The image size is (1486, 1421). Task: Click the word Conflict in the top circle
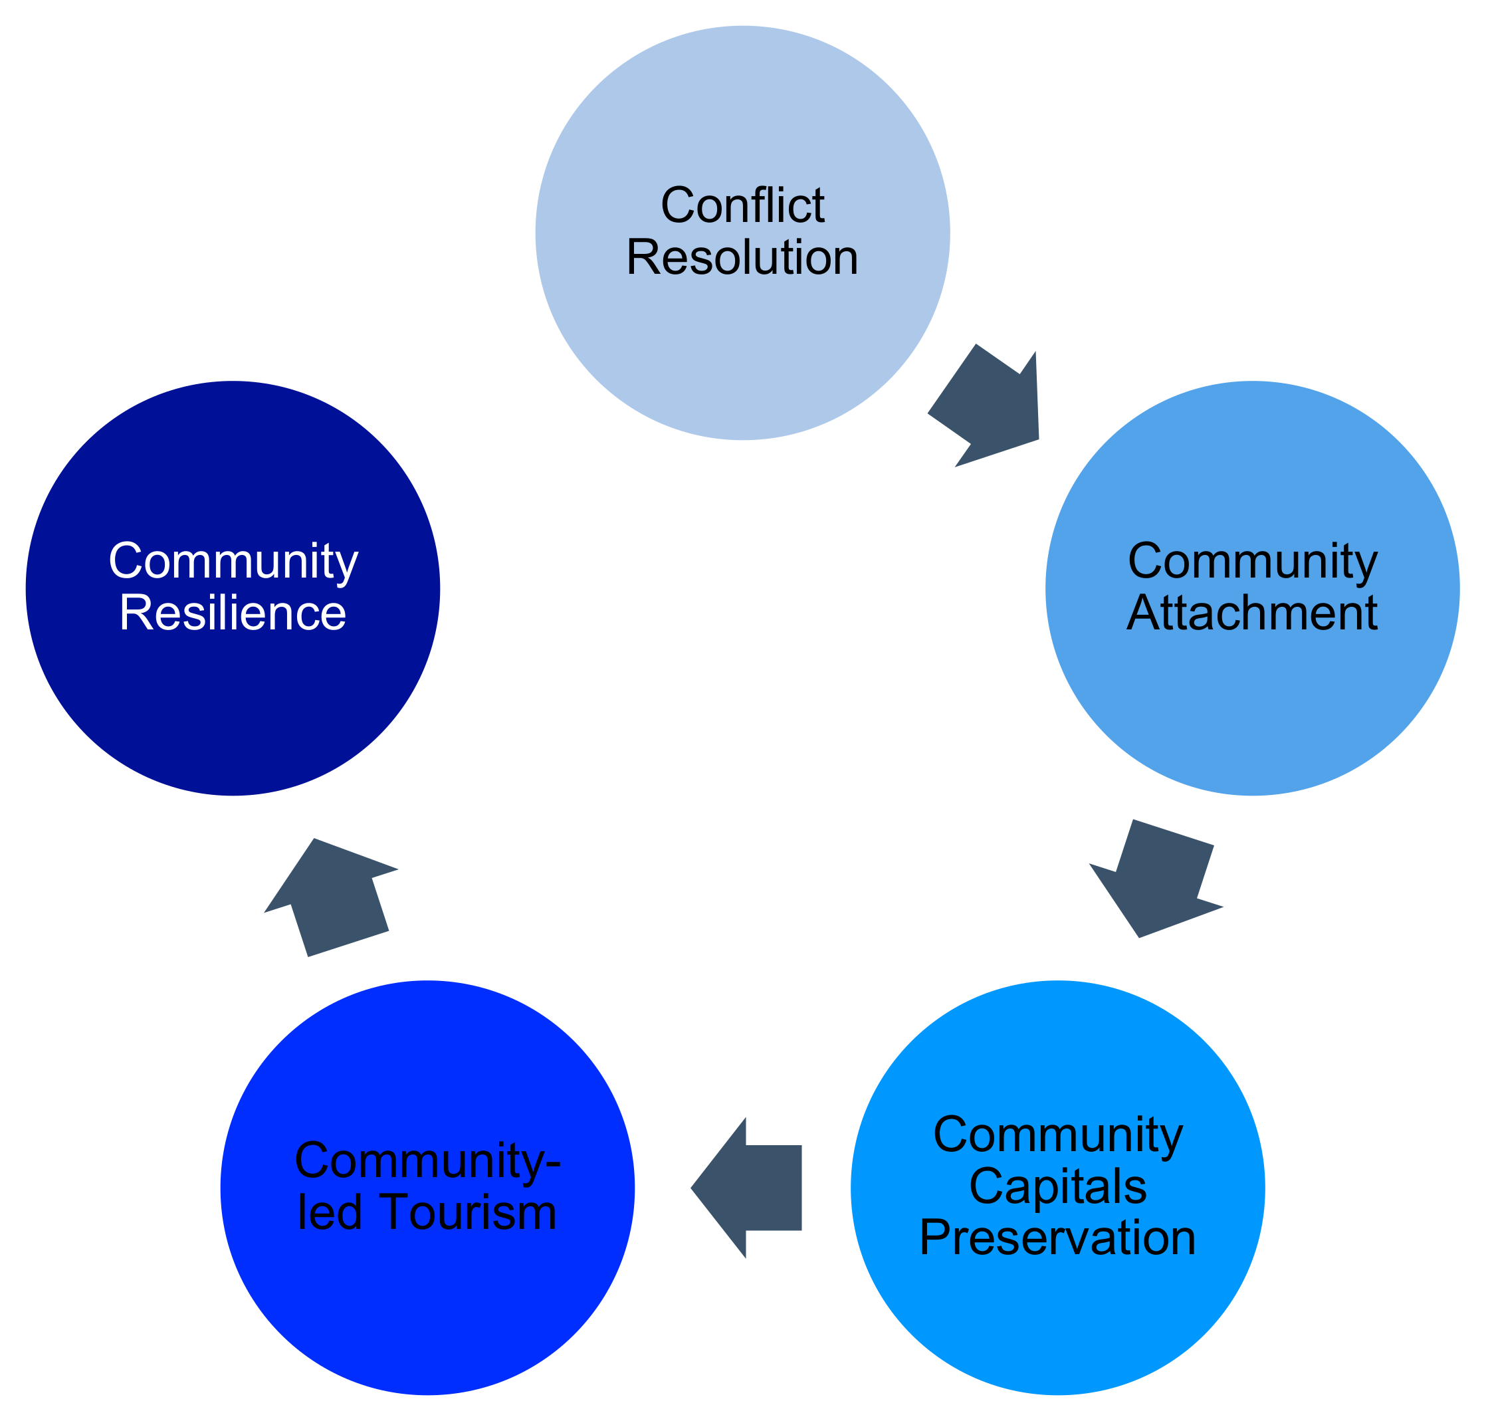(x=742, y=205)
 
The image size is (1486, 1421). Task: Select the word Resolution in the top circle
(x=742, y=257)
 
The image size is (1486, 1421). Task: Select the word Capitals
(x=1058, y=1186)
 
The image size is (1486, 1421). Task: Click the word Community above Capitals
(x=1058, y=1135)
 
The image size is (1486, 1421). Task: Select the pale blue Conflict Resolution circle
(x=742, y=348)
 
